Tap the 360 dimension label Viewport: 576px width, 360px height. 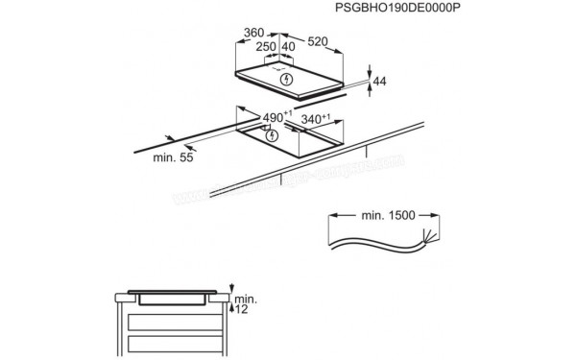point(253,32)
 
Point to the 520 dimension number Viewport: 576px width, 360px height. point(322,41)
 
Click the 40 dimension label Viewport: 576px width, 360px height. point(287,46)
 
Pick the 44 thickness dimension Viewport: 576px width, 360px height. point(379,83)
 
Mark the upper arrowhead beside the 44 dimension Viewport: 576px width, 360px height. point(372,70)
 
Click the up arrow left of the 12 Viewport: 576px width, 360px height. point(235,309)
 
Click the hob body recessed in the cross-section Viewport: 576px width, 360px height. point(174,298)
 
